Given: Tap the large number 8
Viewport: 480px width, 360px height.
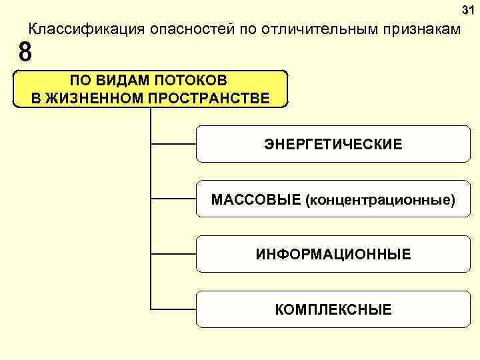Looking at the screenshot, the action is coord(25,51).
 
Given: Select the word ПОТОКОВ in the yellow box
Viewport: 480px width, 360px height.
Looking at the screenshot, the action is coord(191,81).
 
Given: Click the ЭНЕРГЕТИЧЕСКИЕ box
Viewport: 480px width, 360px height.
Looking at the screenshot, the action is coord(333,143).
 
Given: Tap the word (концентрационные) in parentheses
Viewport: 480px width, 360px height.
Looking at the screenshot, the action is coord(380,200).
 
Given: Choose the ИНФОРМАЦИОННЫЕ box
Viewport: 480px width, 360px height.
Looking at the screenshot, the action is coord(333,255).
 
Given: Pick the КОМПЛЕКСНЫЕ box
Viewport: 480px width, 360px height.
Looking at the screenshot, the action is coord(333,309).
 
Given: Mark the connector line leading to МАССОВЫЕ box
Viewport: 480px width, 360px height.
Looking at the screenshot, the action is coord(173,199).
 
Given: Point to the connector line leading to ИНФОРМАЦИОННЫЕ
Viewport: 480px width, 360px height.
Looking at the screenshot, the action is coord(173,254).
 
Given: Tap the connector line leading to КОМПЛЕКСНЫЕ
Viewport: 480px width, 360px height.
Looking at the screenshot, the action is coord(173,309).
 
